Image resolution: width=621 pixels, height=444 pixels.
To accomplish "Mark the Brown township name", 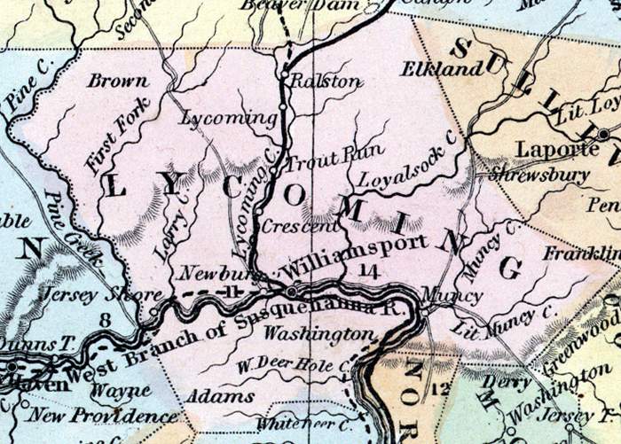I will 117,81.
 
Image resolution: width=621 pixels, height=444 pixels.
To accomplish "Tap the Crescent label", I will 290,226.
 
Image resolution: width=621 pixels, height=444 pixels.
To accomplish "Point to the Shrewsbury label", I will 538,175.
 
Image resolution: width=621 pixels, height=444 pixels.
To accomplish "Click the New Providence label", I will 102,415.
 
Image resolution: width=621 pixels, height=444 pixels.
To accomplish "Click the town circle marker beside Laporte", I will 604,135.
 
